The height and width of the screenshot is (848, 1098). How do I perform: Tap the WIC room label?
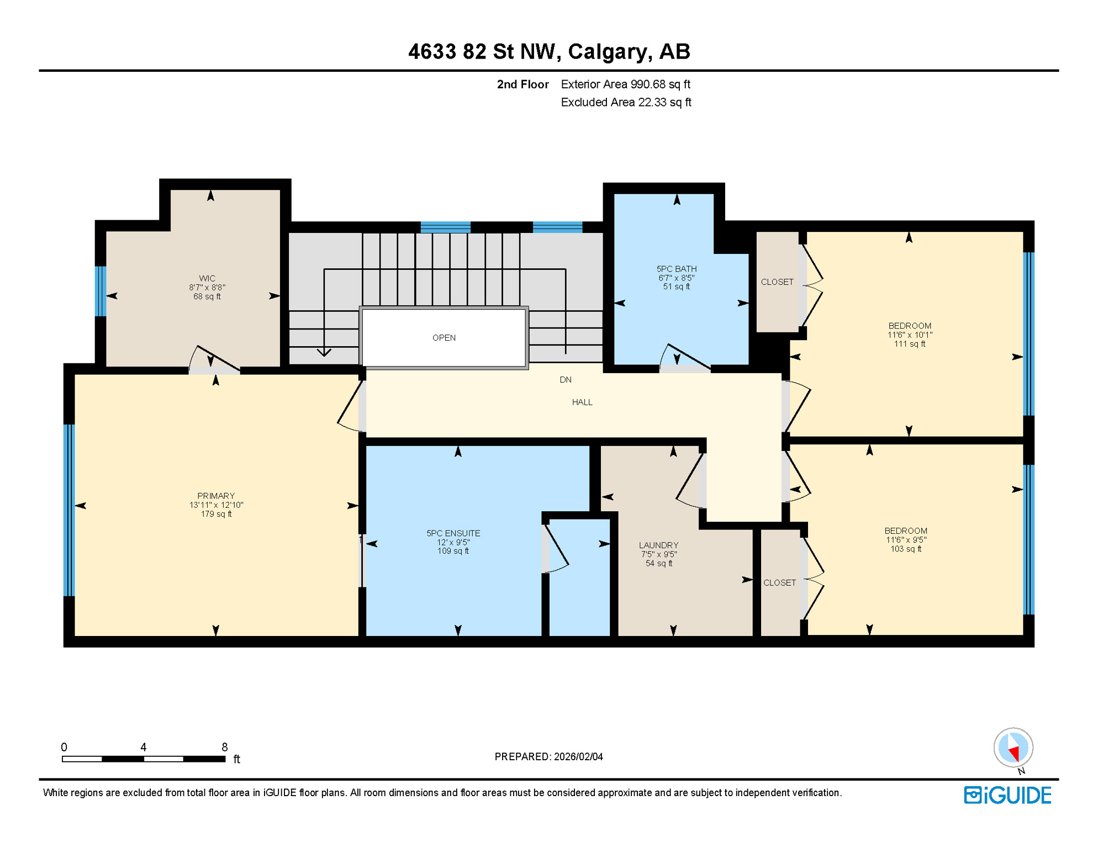point(207,278)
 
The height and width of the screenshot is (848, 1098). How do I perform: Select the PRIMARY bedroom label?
point(216,496)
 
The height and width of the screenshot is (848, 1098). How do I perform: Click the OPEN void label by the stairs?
point(444,338)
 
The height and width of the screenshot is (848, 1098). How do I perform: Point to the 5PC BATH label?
point(677,269)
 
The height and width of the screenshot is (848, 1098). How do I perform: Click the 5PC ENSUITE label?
point(453,533)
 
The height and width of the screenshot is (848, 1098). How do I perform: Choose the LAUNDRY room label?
point(658,545)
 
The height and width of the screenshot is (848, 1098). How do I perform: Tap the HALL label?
point(582,402)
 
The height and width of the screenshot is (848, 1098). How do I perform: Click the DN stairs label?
point(566,380)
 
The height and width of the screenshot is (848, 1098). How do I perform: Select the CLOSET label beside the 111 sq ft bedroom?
point(777,282)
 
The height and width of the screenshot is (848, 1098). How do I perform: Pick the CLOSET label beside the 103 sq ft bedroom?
point(779,583)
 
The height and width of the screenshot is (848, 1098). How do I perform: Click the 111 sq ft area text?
point(910,344)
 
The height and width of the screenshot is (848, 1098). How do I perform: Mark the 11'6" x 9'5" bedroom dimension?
point(906,540)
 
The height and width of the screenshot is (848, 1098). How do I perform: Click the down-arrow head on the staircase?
point(324,352)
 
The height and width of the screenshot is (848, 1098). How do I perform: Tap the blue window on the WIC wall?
point(101,291)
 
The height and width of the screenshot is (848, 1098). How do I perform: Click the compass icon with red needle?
point(1013,748)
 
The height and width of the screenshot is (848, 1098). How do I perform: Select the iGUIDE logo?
point(1007,795)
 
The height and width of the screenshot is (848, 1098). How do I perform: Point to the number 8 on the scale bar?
point(224,747)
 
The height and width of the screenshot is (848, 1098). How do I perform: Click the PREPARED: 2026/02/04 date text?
point(548,757)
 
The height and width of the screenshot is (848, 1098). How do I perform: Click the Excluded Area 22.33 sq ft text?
point(626,103)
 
